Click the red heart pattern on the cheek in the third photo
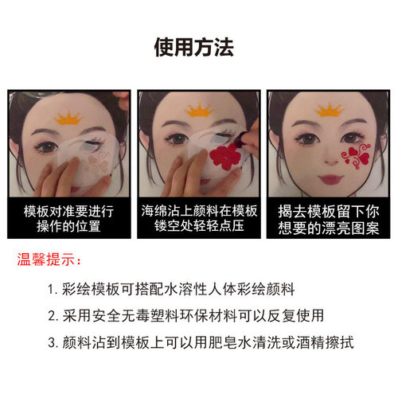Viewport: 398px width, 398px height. tap(350, 155)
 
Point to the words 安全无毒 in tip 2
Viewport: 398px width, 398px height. tap(124, 316)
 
